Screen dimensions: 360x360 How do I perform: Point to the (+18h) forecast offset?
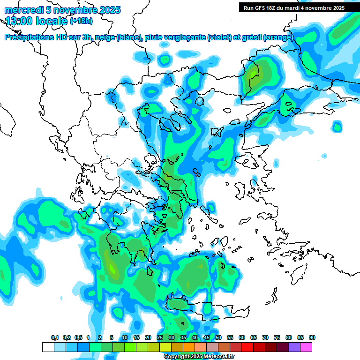(82, 21)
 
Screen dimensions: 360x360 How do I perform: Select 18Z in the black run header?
(271, 8)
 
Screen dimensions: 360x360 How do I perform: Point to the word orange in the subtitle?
(278, 37)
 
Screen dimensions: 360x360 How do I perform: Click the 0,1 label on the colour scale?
(55, 338)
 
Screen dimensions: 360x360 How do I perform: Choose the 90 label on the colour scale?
(312, 338)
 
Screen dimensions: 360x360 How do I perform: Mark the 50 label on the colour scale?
(218, 338)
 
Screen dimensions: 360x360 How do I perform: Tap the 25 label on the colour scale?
(160, 338)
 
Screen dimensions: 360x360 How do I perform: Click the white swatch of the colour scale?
(48, 347)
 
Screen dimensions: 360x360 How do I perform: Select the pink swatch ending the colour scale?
(306, 347)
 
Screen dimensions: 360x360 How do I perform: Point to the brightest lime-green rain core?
(112, 269)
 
